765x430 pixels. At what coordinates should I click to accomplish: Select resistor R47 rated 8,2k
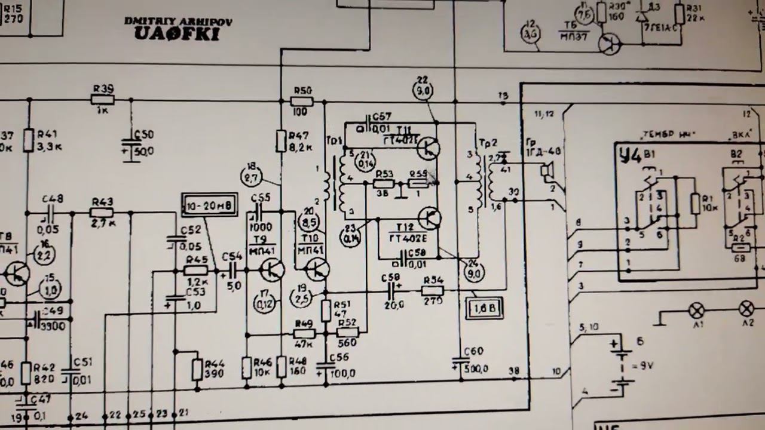click(281, 142)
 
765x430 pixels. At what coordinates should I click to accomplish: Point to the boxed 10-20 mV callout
click(209, 205)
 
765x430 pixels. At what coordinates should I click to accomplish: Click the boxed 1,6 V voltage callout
click(485, 309)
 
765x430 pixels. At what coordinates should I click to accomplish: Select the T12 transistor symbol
click(429, 219)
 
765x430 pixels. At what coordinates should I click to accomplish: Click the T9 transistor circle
click(273, 270)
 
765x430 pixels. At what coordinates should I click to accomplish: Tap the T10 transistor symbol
click(316, 270)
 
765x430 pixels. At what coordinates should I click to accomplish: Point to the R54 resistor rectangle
click(432, 291)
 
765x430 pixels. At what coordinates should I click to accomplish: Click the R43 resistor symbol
click(102, 213)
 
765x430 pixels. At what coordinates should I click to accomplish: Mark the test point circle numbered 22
click(423, 90)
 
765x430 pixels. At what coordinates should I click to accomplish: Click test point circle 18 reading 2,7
click(251, 176)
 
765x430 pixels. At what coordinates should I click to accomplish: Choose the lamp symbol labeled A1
click(696, 310)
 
